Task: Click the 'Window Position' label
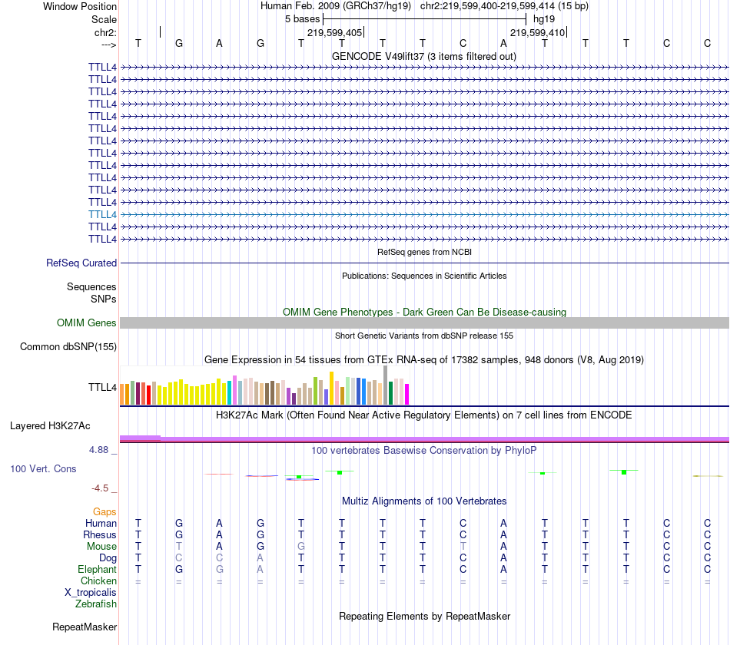click(80, 6)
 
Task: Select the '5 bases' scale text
click(302, 18)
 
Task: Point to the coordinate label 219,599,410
click(537, 32)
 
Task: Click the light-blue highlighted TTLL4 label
click(102, 214)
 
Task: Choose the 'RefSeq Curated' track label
click(81, 263)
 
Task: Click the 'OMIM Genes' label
click(87, 322)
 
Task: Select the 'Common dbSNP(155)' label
click(68, 346)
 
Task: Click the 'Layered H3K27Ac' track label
click(50, 425)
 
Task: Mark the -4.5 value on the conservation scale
click(101, 488)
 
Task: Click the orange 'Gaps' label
click(105, 511)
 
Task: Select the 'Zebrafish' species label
click(96, 604)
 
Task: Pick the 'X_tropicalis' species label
click(91, 593)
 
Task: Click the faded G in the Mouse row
click(301, 546)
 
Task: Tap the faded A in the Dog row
click(260, 557)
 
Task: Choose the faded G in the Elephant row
click(220, 569)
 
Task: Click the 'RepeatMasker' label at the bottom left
click(85, 627)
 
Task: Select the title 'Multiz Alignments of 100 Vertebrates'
click(424, 501)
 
